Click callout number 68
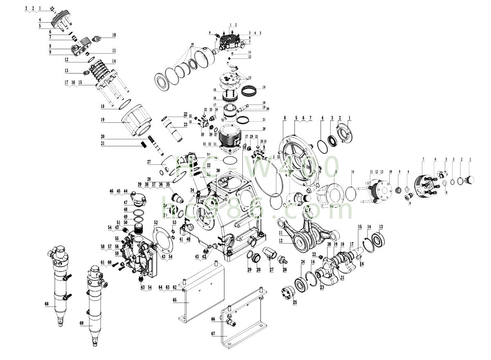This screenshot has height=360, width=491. (x=47, y=304)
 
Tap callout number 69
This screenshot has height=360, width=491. (x=81, y=323)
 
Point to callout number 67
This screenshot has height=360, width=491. (x=213, y=334)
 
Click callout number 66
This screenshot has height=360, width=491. (x=213, y=319)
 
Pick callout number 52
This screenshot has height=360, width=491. (x=156, y=222)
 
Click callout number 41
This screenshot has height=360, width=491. (x=181, y=239)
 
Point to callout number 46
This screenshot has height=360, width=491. (x=111, y=191)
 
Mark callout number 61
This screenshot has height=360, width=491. (x=103, y=262)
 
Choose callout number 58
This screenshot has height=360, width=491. (x=103, y=246)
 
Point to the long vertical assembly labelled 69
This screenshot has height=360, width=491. (x=95, y=303)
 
